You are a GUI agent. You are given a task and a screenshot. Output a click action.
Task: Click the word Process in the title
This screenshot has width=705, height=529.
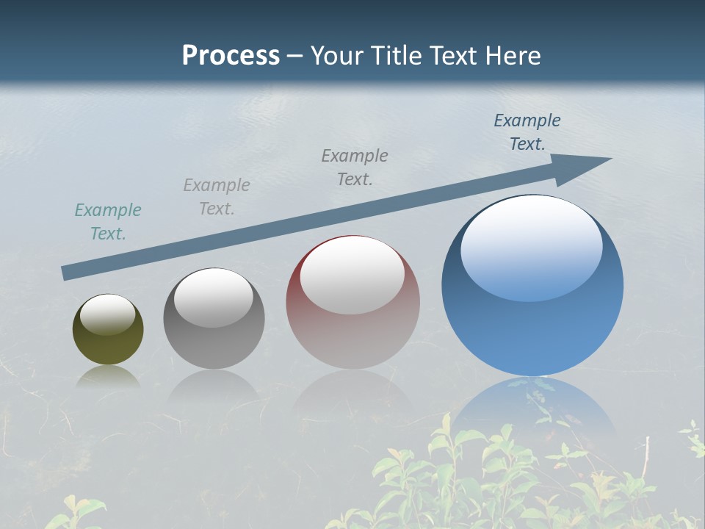231,56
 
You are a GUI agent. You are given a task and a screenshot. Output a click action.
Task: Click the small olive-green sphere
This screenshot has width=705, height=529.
108,339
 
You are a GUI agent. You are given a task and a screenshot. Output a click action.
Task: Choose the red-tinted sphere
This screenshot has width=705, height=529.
352,331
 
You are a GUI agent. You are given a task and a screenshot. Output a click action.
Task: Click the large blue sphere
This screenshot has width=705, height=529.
532,323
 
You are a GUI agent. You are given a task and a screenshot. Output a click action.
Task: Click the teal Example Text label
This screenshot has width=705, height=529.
108,222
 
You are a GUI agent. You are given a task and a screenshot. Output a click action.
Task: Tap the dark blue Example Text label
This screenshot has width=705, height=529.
527,132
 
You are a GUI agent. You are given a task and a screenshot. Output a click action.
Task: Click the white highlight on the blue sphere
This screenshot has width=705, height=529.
531,246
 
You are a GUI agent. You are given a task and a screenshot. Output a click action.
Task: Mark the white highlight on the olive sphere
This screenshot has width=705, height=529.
108,314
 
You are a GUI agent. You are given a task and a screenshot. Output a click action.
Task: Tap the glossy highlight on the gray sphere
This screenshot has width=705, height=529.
214,298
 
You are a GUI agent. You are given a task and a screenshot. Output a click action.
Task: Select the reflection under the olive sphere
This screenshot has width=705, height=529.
108,377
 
